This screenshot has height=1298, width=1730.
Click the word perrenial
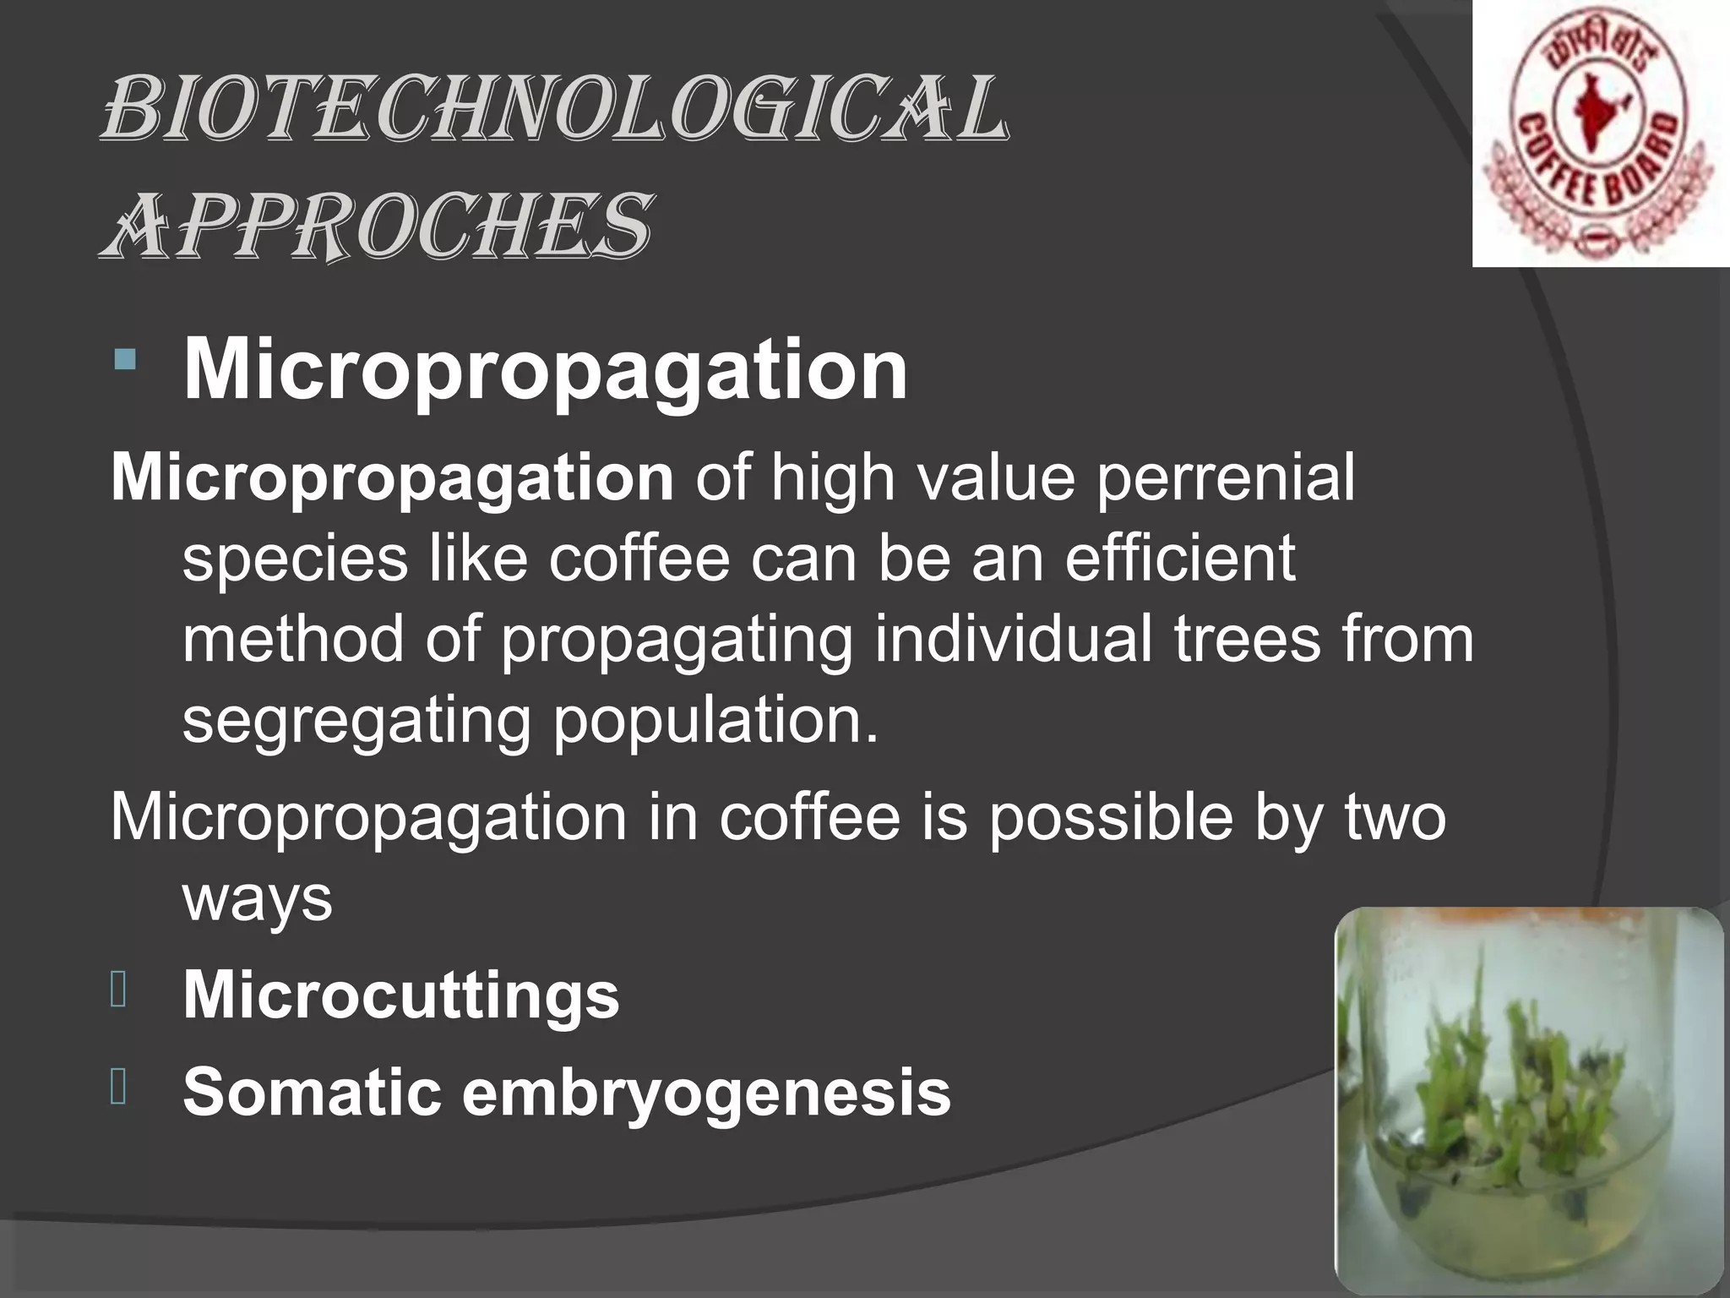1226,477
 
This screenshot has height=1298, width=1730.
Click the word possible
1111,818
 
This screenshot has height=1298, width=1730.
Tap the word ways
258,898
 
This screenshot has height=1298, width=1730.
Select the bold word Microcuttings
401,994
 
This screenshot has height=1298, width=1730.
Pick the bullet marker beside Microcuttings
118,990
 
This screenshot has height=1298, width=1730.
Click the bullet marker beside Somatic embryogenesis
118,1088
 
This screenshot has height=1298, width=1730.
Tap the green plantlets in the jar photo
1504,1099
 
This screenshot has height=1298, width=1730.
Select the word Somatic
313,1092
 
